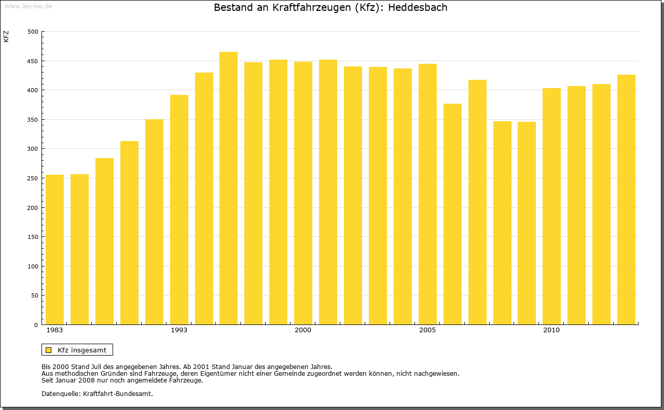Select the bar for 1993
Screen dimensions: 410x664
pyautogui.click(x=179, y=209)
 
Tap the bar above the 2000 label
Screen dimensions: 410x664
pyautogui.click(x=303, y=193)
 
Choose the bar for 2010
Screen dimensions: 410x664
pyautogui.click(x=551, y=206)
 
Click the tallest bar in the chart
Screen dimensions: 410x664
pyautogui.click(x=228, y=188)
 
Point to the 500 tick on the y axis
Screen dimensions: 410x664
pyautogui.click(x=33, y=32)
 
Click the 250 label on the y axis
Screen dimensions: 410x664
pyautogui.click(x=33, y=178)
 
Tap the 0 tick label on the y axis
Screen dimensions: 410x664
pyautogui.click(x=36, y=325)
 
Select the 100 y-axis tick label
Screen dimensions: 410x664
pyautogui.click(x=33, y=266)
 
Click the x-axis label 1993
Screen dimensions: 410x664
pyautogui.click(x=179, y=330)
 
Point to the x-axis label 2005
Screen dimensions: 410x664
pyautogui.click(x=427, y=330)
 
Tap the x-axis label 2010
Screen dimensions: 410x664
pyautogui.click(x=551, y=330)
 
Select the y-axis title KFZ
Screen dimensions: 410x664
pyautogui.click(x=6, y=36)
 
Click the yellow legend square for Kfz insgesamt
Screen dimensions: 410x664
pyautogui.click(x=49, y=350)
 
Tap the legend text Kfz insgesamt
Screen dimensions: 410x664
pyautogui.click(x=82, y=350)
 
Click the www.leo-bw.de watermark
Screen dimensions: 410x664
pyautogui.click(x=27, y=5)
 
